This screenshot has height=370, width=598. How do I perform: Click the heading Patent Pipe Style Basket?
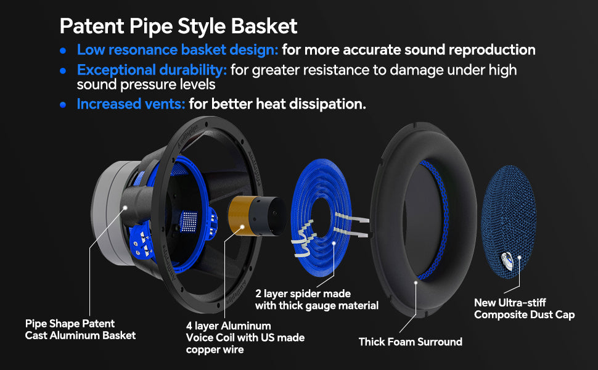point(178,27)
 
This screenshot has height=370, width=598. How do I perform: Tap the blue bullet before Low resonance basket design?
point(63,51)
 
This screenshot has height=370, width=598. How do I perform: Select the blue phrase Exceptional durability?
point(152,70)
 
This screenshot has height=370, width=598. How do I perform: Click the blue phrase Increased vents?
point(131,104)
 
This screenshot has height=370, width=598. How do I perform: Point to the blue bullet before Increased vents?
point(63,104)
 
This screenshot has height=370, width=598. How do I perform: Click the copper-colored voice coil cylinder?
point(256,216)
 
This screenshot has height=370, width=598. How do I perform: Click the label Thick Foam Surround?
point(411,342)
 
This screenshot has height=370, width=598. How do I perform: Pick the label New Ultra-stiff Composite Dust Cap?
point(525,308)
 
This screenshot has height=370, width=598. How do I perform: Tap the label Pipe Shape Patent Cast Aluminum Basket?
point(81,329)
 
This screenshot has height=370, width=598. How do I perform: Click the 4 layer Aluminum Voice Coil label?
point(245,337)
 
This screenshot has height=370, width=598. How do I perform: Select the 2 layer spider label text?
point(316,300)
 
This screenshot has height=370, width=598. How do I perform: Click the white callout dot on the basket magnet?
point(125,208)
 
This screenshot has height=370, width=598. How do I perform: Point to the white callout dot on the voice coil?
point(242,226)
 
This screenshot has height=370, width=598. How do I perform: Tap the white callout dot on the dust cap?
point(519,258)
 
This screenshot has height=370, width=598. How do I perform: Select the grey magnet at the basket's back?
point(110,213)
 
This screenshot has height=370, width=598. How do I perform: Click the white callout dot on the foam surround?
point(416,282)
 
